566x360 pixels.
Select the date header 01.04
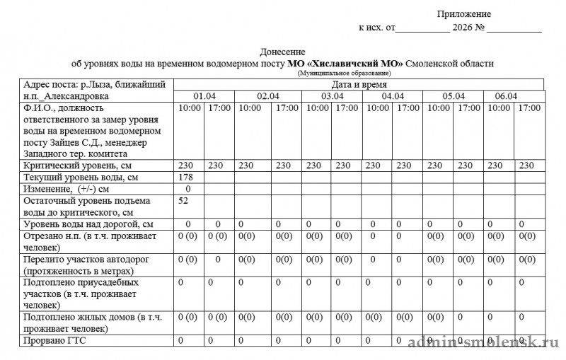pyautogui.click(x=205, y=96)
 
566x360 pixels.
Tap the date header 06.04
pyautogui.click(x=506, y=96)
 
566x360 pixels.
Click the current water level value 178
pyautogui.click(x=187, y=177)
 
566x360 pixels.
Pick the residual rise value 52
pyautogui.click(x=185, y=201)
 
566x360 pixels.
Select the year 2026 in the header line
pyautogui.click(x=461, y=29)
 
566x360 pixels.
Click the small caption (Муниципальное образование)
pyautogui.click(x=344, y=73)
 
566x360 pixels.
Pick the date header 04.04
pyautogui.click(x=393, y=96)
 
